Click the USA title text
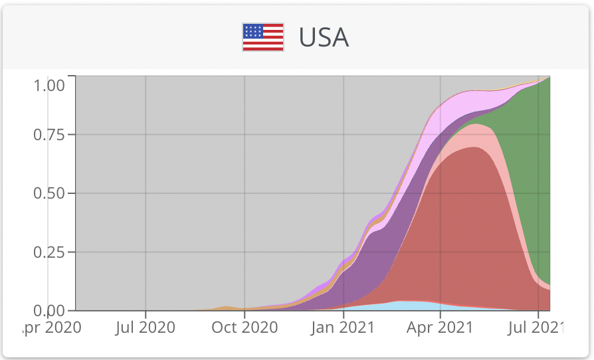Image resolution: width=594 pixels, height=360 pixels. coord(324,37)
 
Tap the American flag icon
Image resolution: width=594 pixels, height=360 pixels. coord(263,37)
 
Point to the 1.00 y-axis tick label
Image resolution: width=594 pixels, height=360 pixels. coord(49,85)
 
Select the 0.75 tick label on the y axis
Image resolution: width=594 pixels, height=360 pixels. coord(49,135)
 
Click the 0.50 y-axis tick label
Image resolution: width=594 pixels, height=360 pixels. coord(49,193)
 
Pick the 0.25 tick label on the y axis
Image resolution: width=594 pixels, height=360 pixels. coord(49,252)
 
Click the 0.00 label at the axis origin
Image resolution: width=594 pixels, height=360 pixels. coord(49,311)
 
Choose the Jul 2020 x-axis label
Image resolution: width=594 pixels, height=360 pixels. coord(145,327)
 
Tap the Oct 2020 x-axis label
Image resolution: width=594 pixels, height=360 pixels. coord(244,327)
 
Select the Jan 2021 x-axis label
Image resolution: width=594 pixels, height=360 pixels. coord(343,327)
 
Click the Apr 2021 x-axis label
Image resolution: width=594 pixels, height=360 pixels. coord(440,327)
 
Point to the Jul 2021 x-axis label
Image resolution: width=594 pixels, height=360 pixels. coord(538,327)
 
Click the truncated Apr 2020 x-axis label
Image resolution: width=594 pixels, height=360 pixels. coord(52,327)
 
